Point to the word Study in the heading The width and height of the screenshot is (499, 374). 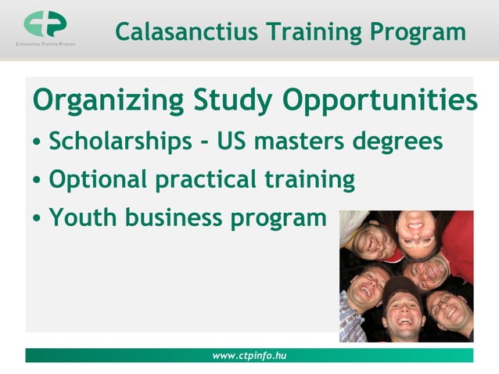(227, 102)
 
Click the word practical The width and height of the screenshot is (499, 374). (196, 180)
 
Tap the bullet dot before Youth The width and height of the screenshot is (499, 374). (38, 219)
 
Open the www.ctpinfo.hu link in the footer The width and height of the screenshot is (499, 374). (249, 356)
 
